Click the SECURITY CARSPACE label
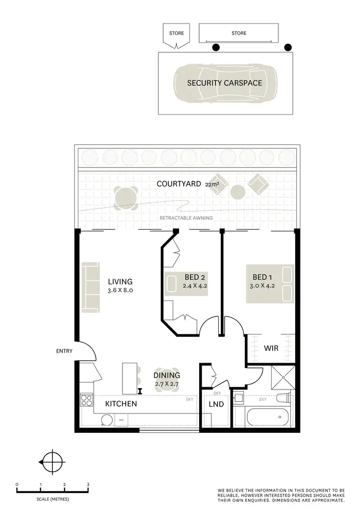tap(225, 83)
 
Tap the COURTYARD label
tap(179, 184)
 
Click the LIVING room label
tap(120, 282)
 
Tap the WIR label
tap(271, 348)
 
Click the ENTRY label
tap(64, 351)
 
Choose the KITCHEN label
tap(121, 404)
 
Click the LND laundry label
tap(216, 404)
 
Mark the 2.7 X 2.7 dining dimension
tap(167, 384)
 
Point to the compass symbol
tap(52, 462)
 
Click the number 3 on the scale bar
tap(88, 485)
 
